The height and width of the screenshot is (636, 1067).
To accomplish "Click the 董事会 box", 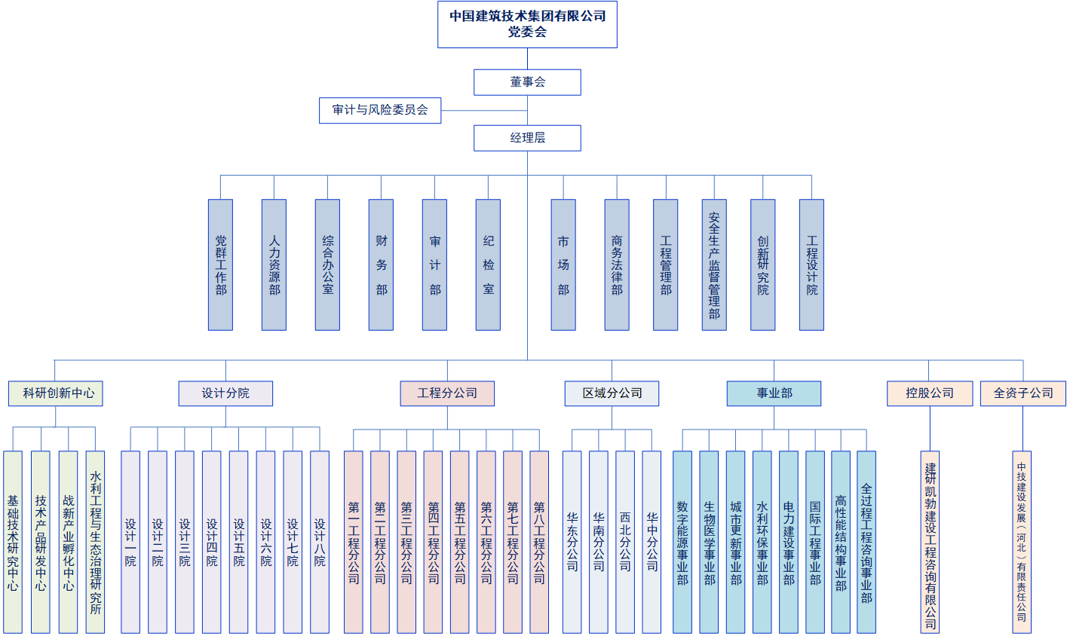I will (x=527, y=82).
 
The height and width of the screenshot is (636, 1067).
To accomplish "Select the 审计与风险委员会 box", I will (x=380, y=110).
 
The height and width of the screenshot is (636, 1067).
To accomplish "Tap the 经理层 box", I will (x=527, y=138).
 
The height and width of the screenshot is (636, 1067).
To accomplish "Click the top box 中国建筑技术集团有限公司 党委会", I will (x=527, y=24).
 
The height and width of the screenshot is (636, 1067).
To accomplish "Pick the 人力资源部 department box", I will (x=274, y=264).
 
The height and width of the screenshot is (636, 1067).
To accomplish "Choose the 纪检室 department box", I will (x=488, y=264).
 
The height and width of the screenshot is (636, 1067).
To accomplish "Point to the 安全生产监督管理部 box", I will (x=714, y=264).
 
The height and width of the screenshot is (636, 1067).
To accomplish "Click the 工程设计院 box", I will (x=811, y=264).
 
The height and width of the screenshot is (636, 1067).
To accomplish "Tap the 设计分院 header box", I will (x=225, y=393).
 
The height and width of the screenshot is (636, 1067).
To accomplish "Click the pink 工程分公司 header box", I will (x=447, y=393).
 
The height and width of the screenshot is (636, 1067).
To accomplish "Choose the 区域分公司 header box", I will (x=612, y=393).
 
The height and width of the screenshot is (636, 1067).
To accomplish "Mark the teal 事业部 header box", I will (x=774, y=393).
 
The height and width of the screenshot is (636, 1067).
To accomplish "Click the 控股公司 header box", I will (x=930, y=393).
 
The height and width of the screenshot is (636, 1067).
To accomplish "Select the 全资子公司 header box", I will (x=1023, y=393).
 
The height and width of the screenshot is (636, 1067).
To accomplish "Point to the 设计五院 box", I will (x=238, y=542).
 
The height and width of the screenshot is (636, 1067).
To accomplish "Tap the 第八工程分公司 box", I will (x=539, y=542).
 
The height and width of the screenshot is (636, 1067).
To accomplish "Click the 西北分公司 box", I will (x=625, y=542).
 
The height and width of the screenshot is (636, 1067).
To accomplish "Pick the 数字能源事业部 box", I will (x=682, y=542).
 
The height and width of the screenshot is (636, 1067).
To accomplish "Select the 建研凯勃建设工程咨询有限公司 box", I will (x=930, y=542).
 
